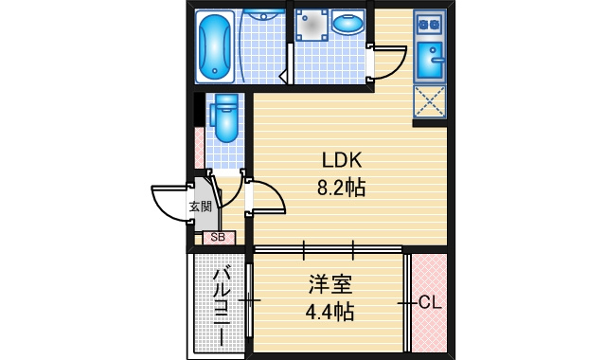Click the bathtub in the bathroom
coord(215,46)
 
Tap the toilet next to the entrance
coord(224,118)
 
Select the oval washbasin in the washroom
coord(348,23)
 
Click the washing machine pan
coord(312,26)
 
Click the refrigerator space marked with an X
coord(429,101)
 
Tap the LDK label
coord(342,160)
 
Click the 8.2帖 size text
coord(341,188)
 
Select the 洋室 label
coord(330,284)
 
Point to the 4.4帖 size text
coord(330,312)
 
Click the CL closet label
coord(430,303)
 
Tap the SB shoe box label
coord(218,238)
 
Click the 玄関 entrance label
coord(200,207)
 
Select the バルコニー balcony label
coord(222,305)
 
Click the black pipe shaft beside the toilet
coord(199,110)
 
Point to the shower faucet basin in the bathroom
coord(264,16)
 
